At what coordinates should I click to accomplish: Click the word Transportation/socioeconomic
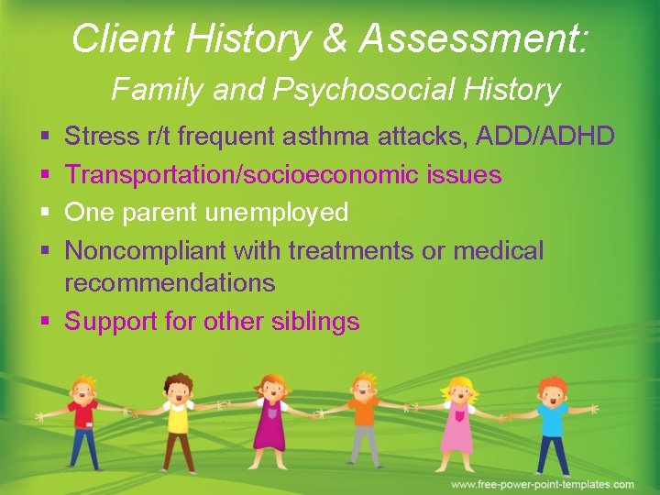(x=245, y=175)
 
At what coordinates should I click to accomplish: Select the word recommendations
(x=170, y=283)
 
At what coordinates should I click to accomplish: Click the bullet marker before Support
(x=45, y=322)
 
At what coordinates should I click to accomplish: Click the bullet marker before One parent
(x=45, y=213)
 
